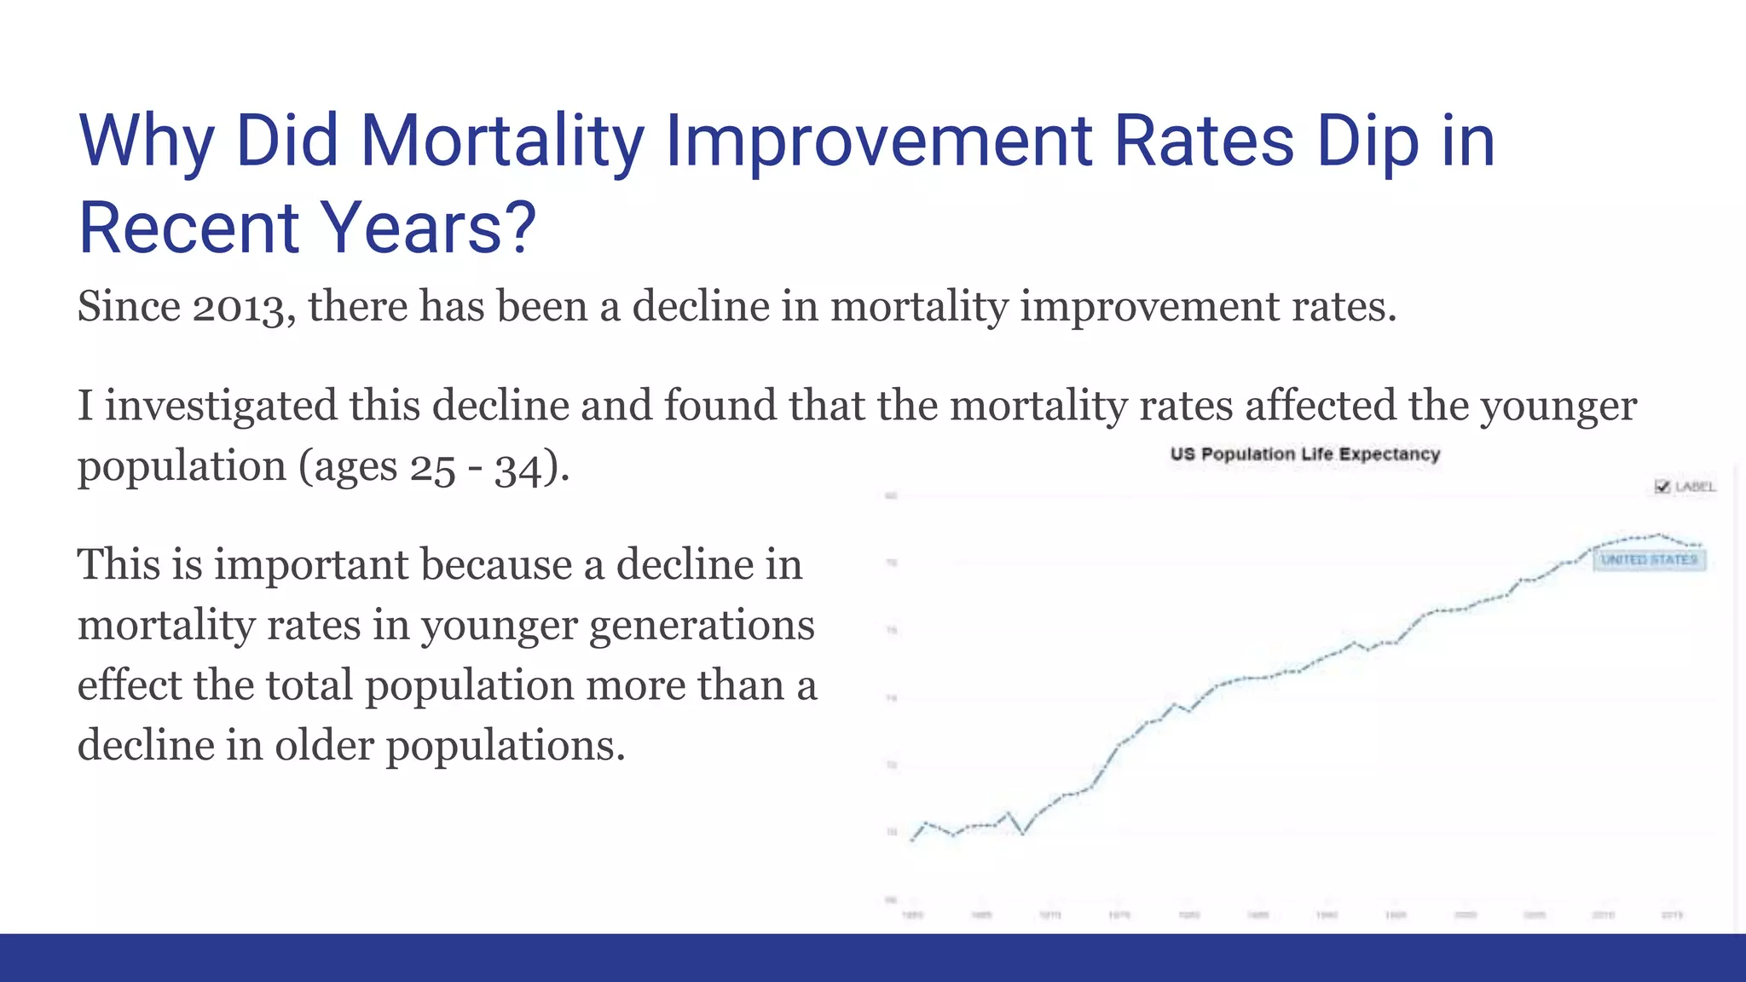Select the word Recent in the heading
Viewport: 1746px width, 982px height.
pos(188,228)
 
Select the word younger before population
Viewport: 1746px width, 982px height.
pos(1558,406)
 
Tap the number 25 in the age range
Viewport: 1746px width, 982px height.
pos(433,468)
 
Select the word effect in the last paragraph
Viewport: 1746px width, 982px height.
pos(129,686)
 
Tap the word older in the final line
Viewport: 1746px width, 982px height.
pos(324,746)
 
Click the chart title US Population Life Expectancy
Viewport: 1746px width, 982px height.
pos(1304,454)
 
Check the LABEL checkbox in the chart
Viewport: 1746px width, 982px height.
pos(1662,487)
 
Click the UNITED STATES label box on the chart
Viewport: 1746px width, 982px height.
pos(1649,560)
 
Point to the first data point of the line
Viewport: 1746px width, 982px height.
pos(912,840)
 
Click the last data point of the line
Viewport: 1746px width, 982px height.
pos(1700,546)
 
